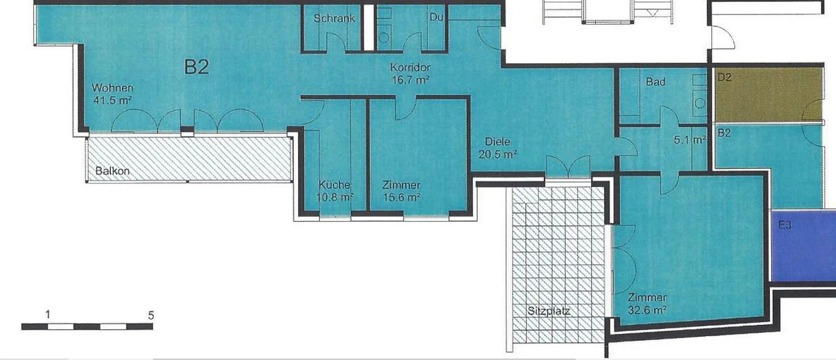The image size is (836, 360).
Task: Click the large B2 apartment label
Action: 197,67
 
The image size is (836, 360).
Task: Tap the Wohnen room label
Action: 113,88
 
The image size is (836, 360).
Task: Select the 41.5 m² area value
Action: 113,100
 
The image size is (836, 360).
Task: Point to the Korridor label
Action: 410,67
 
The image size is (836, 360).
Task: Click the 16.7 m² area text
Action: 410,80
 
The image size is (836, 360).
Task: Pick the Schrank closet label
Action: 334,18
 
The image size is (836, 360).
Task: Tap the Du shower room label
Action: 437,17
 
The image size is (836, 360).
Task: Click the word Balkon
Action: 113,171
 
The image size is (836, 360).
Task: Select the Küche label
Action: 334,185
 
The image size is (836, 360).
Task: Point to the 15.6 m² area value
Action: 402,197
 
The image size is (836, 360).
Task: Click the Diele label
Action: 497,142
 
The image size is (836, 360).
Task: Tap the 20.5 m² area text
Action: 498,154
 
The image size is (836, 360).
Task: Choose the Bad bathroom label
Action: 655,81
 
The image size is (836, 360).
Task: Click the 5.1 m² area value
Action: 690,140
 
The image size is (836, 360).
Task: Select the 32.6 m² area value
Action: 647,310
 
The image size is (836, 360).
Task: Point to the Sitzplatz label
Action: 549,311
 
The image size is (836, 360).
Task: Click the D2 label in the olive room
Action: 725,77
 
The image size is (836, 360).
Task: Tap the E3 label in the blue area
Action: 785,225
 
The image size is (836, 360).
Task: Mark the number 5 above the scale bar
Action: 151,315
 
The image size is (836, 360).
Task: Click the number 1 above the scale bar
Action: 48,315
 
